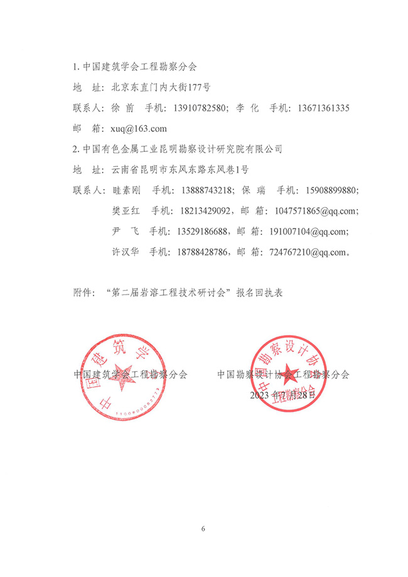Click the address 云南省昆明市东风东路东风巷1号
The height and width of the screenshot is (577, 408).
[180, 170]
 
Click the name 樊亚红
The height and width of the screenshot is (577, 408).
[126, 211]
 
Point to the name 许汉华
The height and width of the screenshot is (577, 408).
[126, 252]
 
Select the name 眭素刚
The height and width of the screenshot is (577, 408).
[126, 190]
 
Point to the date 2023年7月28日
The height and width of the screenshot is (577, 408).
[284, 395]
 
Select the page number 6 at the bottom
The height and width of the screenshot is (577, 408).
[203, 528]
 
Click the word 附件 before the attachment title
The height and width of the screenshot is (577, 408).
[83, 293]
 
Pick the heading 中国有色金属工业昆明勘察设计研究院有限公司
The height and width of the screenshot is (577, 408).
[183, 149]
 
